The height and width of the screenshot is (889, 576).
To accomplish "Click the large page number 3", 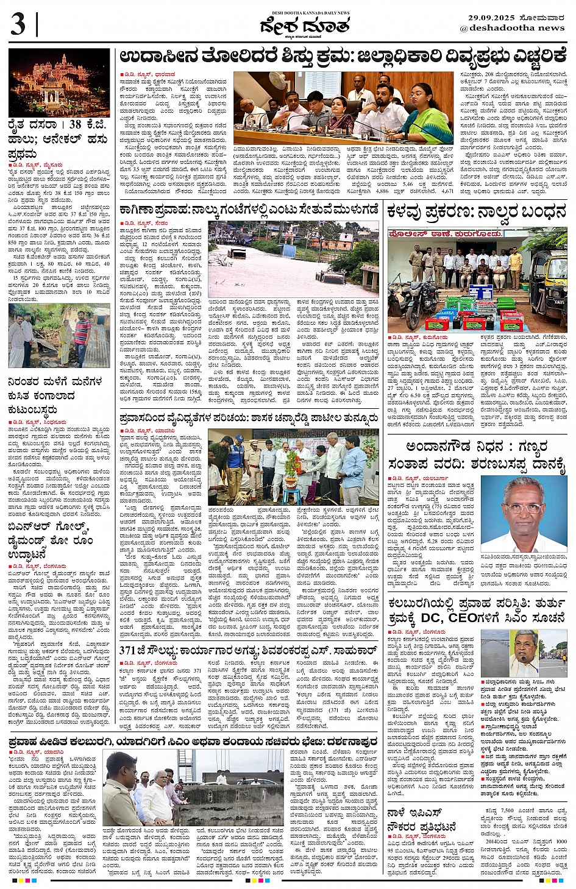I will point(18,25).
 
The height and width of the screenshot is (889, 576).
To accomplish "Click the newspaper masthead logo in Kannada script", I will point(305,26).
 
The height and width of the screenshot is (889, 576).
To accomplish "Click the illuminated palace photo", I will point(59,83).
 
